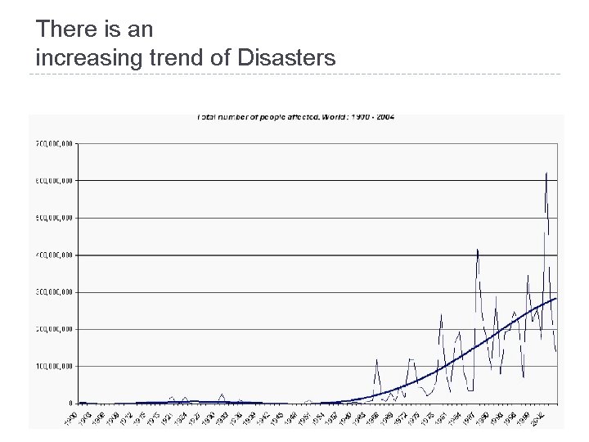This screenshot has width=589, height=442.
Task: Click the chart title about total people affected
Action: [x=296, y=117]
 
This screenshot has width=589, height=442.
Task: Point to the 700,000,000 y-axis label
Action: [x=54, y=143]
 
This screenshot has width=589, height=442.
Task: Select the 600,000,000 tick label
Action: [x=54, y=180]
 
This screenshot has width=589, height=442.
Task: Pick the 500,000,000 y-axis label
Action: [x=54, y=218]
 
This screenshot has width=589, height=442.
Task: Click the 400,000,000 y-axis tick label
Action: [x=54, y=255]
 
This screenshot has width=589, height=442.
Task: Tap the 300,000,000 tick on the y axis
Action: [x=54, y=291]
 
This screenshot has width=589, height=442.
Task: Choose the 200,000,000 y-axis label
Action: [x=54, y=329]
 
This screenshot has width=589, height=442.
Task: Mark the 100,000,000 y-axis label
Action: [x=54, y=366]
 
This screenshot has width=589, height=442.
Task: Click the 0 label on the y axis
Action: [x=72, y=403]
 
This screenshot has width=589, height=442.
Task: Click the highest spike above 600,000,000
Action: [x=546, y=174]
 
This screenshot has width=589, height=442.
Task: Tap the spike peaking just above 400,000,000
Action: [x=477, y=249]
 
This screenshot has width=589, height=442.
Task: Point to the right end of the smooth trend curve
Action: [x=556, y=298]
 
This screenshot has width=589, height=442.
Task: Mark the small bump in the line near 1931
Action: [x=222, y=395]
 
